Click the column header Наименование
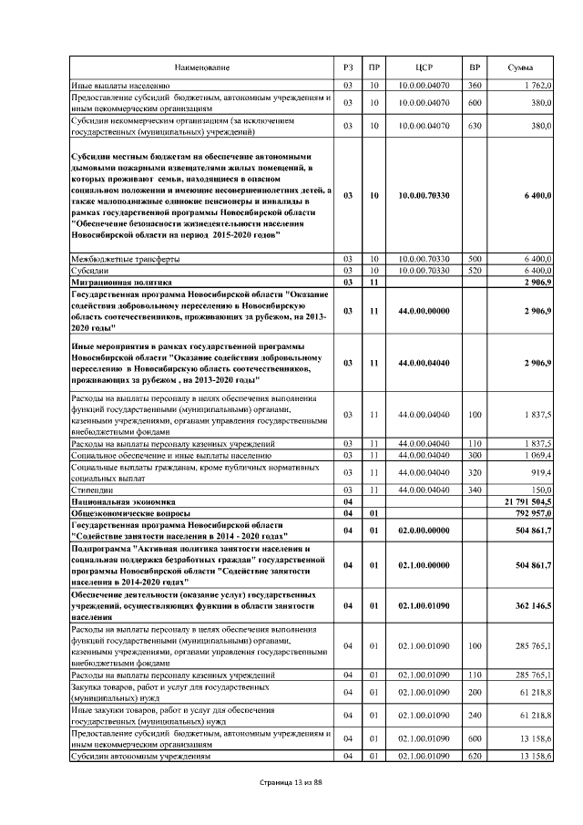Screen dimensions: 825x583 [203, 68]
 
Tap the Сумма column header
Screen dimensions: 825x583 [521, 68]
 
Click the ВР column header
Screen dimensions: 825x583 [474, 68]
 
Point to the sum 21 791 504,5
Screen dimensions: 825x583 [527, 502]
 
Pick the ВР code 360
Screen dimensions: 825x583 [474, 84]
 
